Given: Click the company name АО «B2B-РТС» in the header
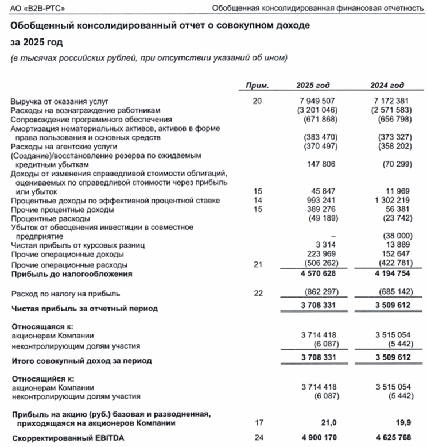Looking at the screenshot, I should coord(34,8).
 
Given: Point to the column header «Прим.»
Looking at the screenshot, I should coord(257,86).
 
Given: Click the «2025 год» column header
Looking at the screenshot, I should coord(313,86).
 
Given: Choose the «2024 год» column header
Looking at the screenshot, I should coord(388,86).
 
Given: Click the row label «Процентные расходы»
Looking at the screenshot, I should coord(50,219).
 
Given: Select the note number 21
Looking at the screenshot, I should coord(258,265).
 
